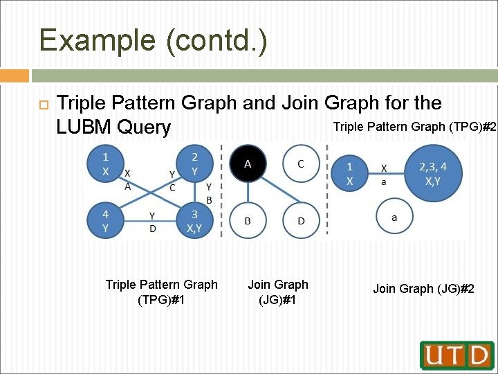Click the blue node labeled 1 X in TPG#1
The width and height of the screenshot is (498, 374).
click(x=105, y=165)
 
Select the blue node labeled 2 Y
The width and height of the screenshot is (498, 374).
click(x=194, y=164)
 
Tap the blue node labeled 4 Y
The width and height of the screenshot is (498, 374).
click(x=104, y=221)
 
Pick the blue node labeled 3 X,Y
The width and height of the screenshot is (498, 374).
click(x=194, y=221)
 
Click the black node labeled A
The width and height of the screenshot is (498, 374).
click(x=248, y=164)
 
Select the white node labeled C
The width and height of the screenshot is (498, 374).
click(x=300, y=164)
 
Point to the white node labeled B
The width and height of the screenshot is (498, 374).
click(x=248, y=221)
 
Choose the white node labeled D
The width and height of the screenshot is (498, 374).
click(x=300, y=221)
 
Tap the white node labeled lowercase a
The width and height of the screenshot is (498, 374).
click(x=394, y=217)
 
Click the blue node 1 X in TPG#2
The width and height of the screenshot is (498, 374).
click(x=350, y=173)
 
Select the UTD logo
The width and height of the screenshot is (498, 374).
click(x=456, y=355)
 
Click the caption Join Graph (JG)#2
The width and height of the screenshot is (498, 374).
click(x=423, y=289)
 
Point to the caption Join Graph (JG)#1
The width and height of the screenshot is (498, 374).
click(x=278, y=292)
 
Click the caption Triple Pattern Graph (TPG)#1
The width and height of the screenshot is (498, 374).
click(x=161, y=292)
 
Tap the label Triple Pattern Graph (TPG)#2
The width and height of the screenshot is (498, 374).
click(x=414, y=127)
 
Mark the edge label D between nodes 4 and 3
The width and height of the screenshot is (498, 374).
click(x=152, y=228)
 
